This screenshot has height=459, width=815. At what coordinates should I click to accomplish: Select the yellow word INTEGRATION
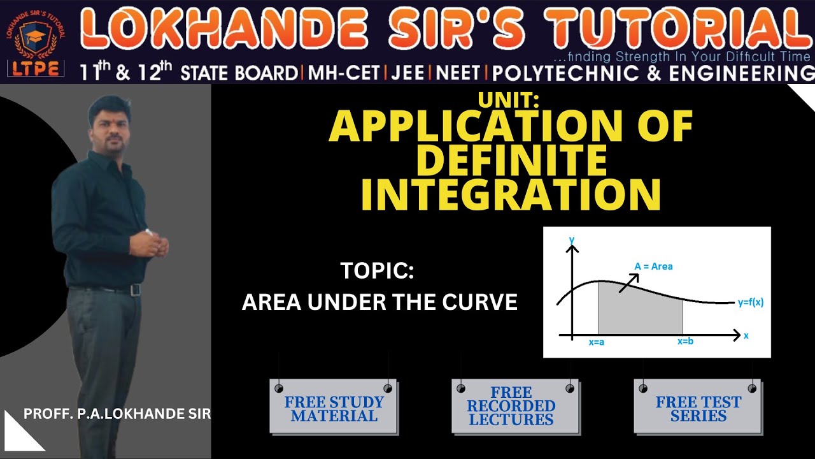pos(511,194)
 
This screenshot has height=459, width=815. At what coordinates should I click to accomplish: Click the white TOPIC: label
pos(378,271)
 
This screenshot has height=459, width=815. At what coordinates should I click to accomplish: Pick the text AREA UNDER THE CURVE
pos(379,302)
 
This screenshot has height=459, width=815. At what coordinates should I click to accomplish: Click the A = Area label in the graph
pos(653,266)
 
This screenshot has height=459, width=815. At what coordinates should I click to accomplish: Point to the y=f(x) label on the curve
pos(750,303)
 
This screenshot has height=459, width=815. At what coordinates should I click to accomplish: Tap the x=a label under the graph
pos(597,342)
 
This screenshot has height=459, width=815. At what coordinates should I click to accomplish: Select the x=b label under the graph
pos(685,342)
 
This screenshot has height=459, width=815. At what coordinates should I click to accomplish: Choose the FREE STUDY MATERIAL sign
pos(334,409)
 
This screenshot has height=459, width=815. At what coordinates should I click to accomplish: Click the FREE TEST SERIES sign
pos(698,409)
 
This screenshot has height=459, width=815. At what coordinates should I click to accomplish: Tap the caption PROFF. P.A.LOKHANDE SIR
pos(117,414)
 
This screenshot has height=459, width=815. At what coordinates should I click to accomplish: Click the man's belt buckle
pos(135,290)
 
